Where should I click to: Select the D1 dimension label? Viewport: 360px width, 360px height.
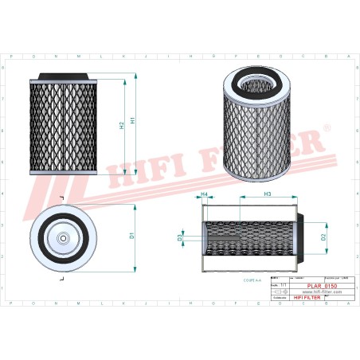tap(131, 235)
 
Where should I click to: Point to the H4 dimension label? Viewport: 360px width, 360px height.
tap(204, 195)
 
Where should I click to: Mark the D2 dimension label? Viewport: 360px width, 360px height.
tap(323, 237)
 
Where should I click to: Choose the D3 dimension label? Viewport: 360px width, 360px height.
tap(180, 237)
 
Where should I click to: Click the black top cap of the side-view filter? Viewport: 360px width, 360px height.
tap(64, 76)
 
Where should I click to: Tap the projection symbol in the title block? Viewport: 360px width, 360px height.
tap(277, 292)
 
